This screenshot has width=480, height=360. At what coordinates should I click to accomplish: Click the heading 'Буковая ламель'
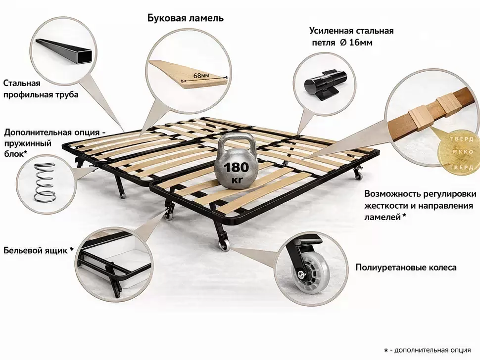click(x=186, y=18)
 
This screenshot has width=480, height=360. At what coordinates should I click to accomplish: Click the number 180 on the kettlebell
click(x=237, y=167)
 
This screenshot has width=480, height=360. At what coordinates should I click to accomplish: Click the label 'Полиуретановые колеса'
click(x=406, y=268)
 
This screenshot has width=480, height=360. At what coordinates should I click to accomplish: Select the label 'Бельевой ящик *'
click(x=39, y=250)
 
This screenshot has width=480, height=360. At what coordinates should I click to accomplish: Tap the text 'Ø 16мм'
click(x=356, y=43)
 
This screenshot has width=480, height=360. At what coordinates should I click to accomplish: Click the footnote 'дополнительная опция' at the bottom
click(x=432, y=350)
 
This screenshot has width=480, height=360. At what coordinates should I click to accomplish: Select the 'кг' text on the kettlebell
click(x=236, y=180)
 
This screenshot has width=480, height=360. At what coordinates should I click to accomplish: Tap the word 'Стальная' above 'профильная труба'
click(x=22, y=83)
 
